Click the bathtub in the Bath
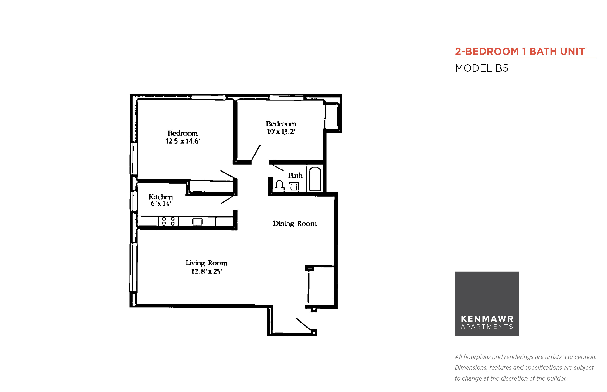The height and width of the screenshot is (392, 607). click(315, 179)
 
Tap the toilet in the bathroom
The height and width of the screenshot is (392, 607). click(280, 186)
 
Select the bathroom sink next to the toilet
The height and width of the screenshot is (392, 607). click(294, 187)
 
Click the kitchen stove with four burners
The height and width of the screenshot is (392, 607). click(168, 221)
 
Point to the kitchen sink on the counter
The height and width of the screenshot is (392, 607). click(197, 221)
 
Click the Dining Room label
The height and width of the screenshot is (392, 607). click(294, 223)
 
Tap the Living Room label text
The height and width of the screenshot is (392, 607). click(206, 263)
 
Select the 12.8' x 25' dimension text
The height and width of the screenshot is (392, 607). click(207, 271)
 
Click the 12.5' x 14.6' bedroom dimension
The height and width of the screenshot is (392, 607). click(183, 141)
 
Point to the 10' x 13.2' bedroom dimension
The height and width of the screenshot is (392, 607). click(281, 132)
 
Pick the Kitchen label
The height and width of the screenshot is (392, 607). click(161, 197)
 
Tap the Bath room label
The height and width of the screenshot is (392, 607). click(295, 175)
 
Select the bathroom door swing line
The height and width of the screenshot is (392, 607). click(277, 167)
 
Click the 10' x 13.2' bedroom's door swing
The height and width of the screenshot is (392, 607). click(256, 153)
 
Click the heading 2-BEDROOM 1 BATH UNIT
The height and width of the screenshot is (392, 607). click(520, 51)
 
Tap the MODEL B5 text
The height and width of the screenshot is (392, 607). click(481, 68)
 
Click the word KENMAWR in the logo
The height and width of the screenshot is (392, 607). click(487, 319)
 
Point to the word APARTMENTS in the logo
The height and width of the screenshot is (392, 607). click(487, 327)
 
